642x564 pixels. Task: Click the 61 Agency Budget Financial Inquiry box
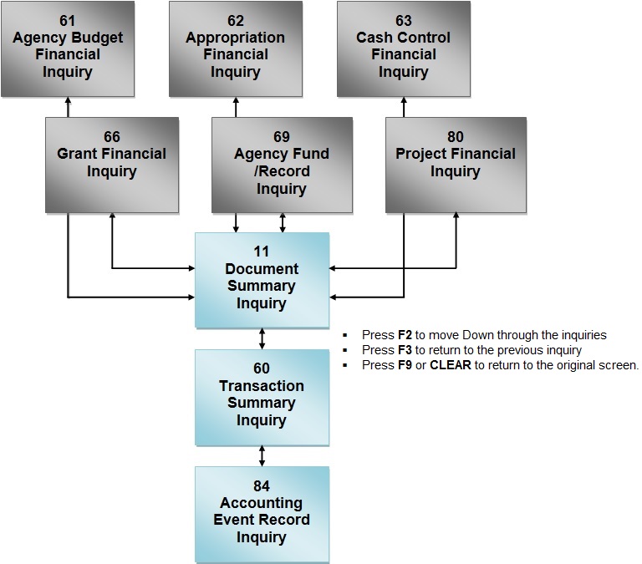pyautogui.click(x=68, y=49)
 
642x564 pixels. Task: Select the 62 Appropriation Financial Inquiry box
pyautogui.click(x=235, y=49)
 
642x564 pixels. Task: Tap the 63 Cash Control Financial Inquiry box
pyautogui.click(x=404, y=49)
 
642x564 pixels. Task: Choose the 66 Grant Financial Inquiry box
pyautogui.click(x=111, y=164)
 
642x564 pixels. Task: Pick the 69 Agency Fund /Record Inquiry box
pyautogui.click(x=282, y=164)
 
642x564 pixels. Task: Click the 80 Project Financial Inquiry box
pyautogui.click(x=456, y=164)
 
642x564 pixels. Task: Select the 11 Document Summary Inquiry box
pyautogui.click(x=262, y=279)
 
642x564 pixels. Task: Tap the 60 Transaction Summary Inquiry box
pyautogui.click(x=262, y=397)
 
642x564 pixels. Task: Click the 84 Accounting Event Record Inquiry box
pyautogui.click(x=262, y=513)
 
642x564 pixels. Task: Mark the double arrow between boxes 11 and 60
pyautogui.click(x=262, y=338)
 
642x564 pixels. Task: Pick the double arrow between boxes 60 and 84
pyautogui.click(x=262, y=455)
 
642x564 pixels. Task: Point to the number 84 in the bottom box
pyautogui.click(x=262, y=486)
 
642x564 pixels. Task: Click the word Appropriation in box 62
pyautogui.click(x=235, y=38)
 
